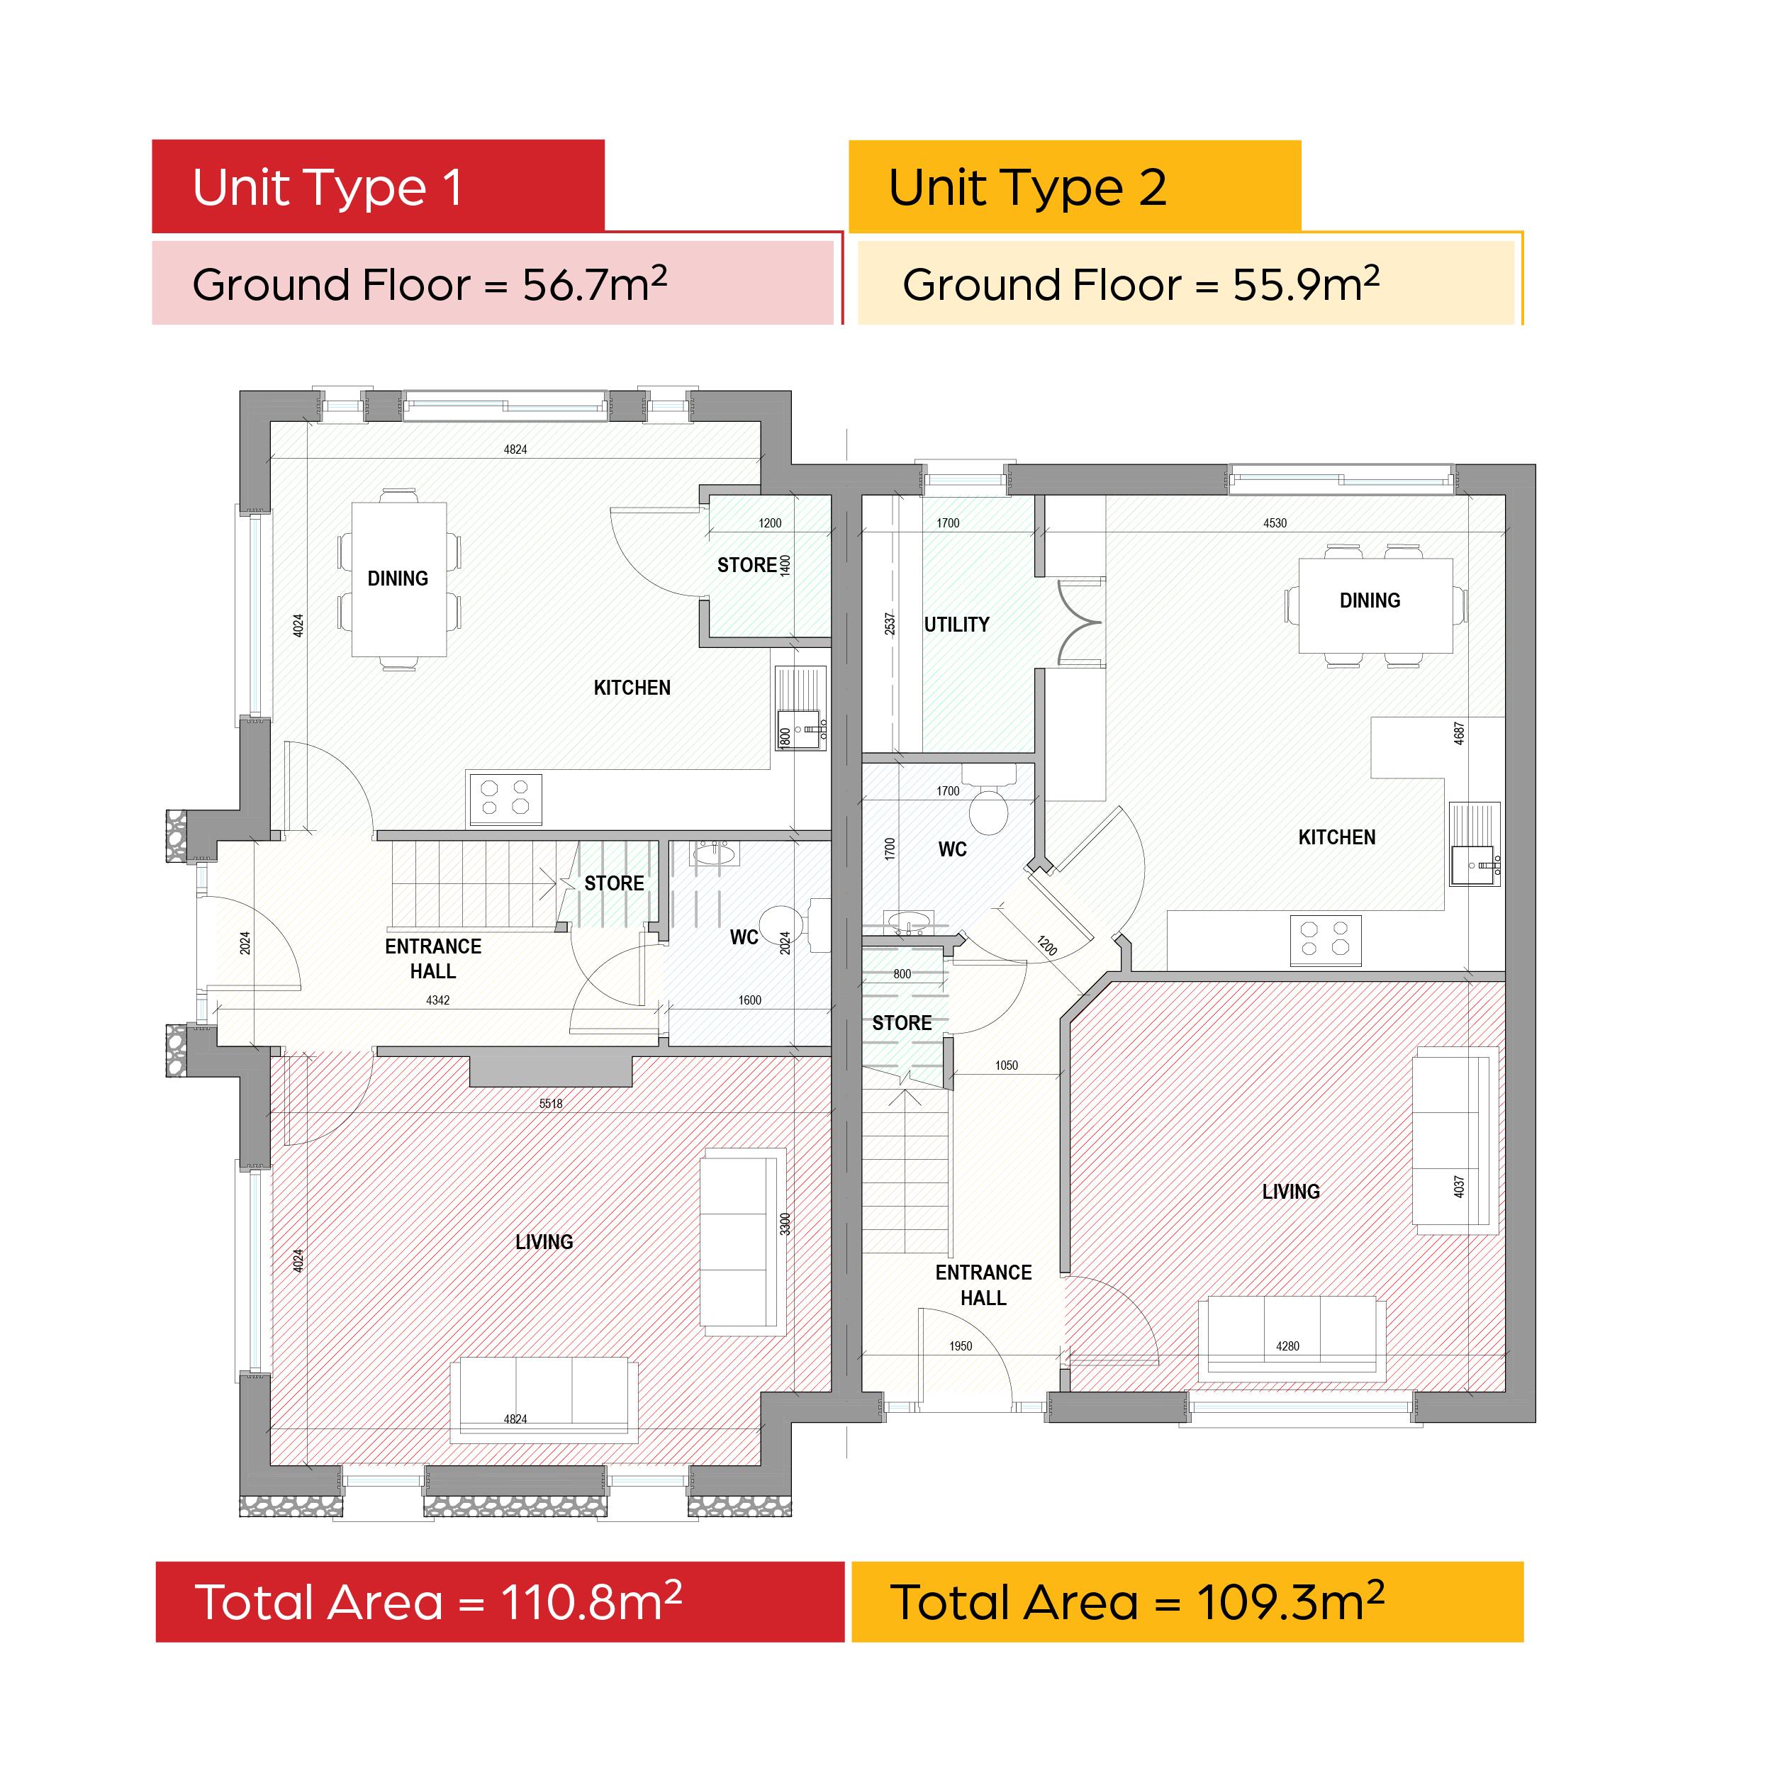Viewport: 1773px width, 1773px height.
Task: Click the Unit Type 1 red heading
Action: point(378,186)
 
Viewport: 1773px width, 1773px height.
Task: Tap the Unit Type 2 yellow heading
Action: point(1075,186)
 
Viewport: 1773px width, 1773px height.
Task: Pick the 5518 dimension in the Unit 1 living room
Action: point(551,1103)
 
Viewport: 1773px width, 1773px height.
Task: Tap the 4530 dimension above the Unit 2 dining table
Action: point(1275,523)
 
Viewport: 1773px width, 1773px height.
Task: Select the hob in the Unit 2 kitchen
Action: point(1325,940)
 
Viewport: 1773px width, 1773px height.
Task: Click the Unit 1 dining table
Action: point(399,579)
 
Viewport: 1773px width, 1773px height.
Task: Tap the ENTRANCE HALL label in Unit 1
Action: point(433,958)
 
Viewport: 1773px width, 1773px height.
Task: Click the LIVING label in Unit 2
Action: point(1290,1191)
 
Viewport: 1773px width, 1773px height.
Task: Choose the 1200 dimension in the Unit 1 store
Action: point(770,523)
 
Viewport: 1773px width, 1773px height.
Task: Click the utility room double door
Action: point(1080,622)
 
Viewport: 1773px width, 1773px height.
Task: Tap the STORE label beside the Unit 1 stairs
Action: point(614,883)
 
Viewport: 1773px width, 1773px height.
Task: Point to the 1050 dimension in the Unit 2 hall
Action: point(1007,1066)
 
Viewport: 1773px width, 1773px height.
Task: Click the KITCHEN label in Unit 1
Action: point(632,688)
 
